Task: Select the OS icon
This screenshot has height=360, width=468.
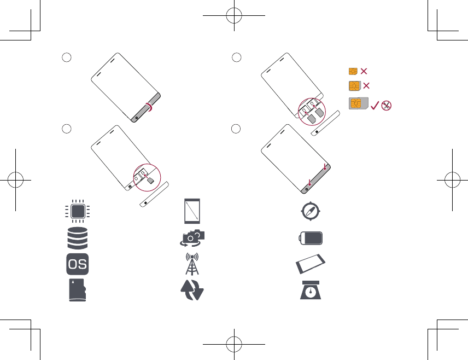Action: point(77,264)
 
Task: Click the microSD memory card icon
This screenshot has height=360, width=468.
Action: point(78,291)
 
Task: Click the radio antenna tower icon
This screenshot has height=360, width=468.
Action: point(192,264)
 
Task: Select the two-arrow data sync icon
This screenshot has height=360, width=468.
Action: point(192,291)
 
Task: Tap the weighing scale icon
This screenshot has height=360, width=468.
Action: point(311,291)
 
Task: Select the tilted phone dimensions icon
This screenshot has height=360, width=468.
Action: point(311,264)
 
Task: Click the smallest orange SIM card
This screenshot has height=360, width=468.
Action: point(353,72)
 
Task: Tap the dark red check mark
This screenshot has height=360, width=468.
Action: point(376,106)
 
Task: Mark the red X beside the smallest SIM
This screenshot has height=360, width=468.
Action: point(364,72)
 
